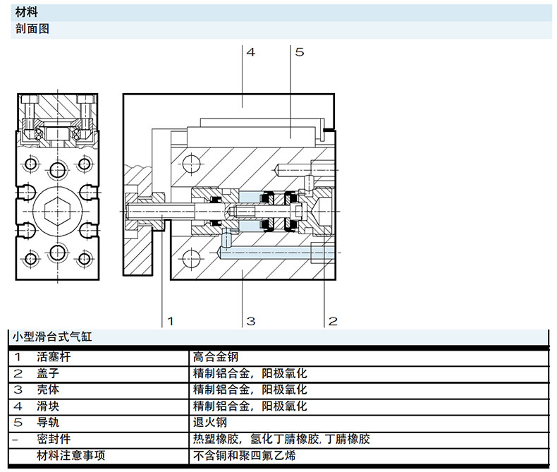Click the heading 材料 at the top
[x=26, y=13]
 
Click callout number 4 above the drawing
[x=251, y=52]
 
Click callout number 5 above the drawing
[x=299, y=52]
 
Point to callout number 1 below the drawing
[x=169, y=322]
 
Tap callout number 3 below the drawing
[x=250, y=322]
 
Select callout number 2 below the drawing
[x=333, y=322]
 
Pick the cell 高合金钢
[x=215, y=357]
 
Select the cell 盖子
[x=46, y=373]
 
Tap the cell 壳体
[x=46, y=389]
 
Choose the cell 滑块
[x=46, y=406]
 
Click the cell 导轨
[x=46, y=423]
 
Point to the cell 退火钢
[x=209, y=423]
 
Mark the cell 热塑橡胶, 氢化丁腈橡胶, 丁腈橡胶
[x=281, y=439]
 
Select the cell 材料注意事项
[x=71, y=456]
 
